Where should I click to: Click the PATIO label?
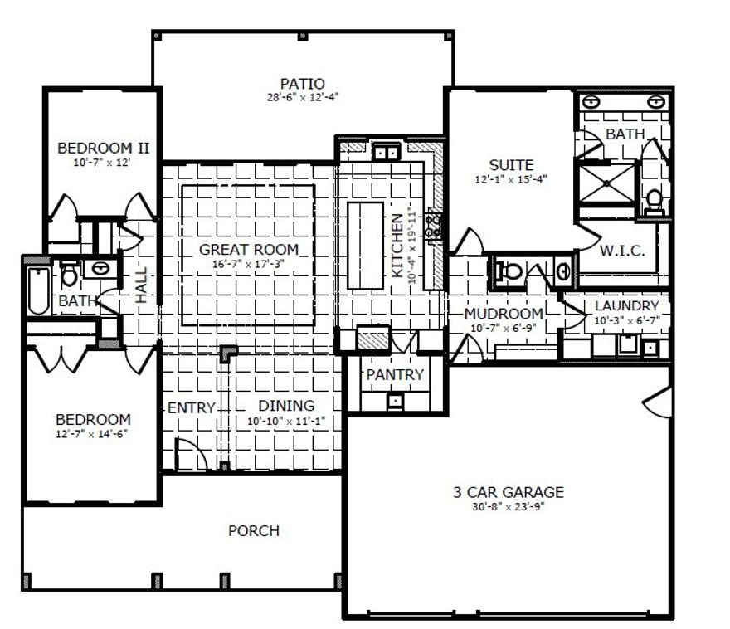302,83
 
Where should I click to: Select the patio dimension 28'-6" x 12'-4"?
302,97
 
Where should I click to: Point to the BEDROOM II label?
103,149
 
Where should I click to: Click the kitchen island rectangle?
365,245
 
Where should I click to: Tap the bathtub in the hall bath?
37,290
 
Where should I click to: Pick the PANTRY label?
395,375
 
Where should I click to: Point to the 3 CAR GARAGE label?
508,491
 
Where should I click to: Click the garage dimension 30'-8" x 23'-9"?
508,505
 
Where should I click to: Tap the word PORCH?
254,531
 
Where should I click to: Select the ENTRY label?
192,407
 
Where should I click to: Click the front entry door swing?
189,455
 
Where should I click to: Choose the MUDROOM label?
504,314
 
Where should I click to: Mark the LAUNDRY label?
626,306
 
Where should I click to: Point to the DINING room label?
285,406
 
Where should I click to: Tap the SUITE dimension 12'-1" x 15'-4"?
511,179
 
